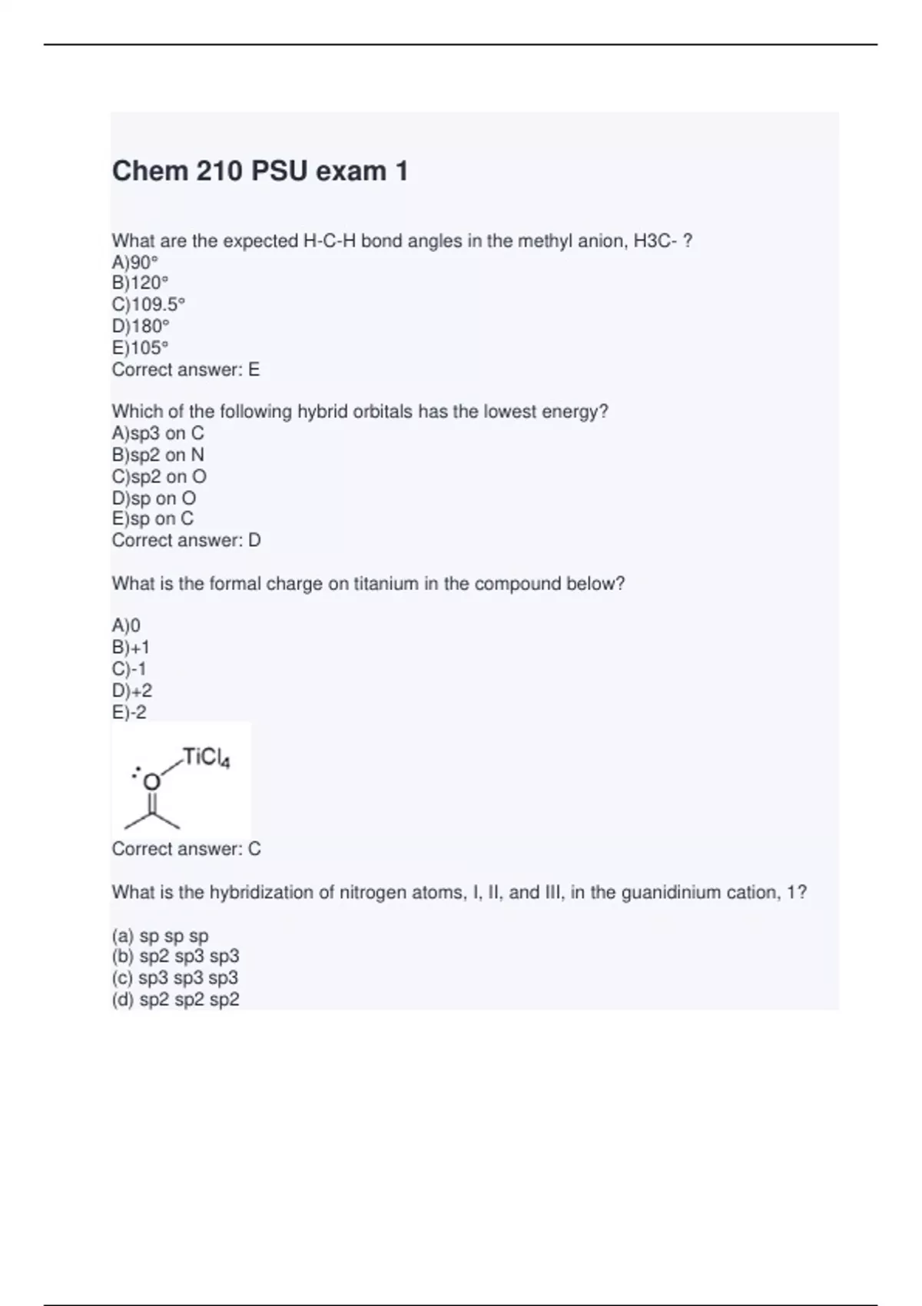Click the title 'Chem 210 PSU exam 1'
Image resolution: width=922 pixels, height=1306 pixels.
click(260, 171)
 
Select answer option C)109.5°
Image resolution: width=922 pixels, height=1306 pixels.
click(148, 304)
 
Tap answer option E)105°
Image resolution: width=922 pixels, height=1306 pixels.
click(140, 347)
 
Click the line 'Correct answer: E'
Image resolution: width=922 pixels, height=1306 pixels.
click(186, 370)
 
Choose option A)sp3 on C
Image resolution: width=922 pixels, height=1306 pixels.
click(158, 433)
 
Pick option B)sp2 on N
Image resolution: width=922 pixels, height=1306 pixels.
click(158, 455)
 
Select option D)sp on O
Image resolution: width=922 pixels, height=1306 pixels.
click(154, 498)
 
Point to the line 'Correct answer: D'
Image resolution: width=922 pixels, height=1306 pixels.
click(186, 540)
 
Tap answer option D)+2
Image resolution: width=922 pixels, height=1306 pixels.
click(132, 691)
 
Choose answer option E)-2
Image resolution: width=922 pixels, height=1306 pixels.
click(129, 712)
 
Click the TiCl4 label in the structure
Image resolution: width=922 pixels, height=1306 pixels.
click(206, 758)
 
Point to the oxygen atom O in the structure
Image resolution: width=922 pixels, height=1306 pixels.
click(152, 782)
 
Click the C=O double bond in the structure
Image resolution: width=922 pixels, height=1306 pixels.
click(152, 803)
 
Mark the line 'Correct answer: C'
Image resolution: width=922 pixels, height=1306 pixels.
click(186, 849)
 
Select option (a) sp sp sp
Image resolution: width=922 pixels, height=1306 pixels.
click(160, 936)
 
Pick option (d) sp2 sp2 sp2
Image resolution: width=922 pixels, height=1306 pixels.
click(175, 999)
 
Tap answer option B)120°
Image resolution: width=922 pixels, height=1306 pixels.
click(140, 283)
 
